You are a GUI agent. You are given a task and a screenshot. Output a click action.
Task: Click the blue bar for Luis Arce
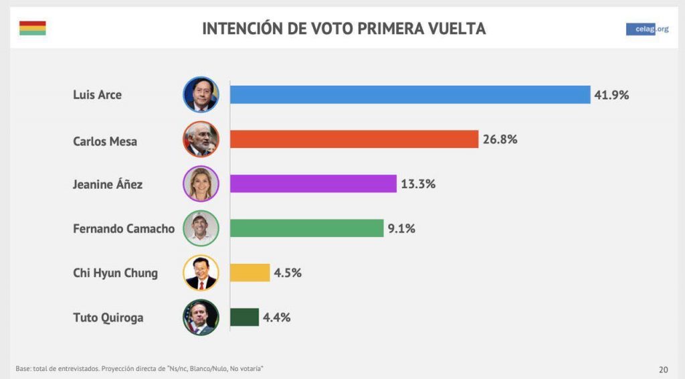pyautogui.click(x=410, y=94)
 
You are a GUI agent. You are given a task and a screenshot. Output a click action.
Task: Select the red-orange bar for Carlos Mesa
pyautogui.click(x=354, y=139)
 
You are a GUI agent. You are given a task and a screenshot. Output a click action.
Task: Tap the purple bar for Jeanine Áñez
pyautogui.click(x=313, y=183)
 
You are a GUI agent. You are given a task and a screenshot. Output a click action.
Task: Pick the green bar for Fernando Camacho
pyautogui.click(x=306, y=228)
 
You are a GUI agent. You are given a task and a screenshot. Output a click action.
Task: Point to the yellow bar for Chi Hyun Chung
pyautogui.click(x=250, y=273)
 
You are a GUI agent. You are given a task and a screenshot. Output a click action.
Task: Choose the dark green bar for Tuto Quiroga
pyautogui.click(x=244, y=317)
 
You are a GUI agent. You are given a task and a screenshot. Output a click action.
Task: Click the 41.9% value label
pyautogui.click(x=611, y=95)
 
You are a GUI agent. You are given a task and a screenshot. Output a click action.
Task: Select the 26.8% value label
pyautogui.click(x=500, y=139)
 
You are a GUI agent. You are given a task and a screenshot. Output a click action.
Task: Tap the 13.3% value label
pyautogui.click(x=418, y=183)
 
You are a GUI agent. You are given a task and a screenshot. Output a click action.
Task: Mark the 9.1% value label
pyautogui.click(x=401, y=228)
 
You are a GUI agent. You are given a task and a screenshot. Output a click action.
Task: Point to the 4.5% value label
pyautogui.click(x=288, y=273)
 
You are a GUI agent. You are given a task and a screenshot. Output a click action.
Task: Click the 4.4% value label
pyautogui.click(x=276, y=317)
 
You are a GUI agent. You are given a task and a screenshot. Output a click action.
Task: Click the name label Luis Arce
pyautogui.click(x=97, y=95)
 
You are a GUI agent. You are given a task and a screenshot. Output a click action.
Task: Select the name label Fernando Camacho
pyautogui.click(x=123, y=228)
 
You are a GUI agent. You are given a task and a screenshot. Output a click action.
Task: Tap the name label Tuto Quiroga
pyautogui.click(x=108, y=317)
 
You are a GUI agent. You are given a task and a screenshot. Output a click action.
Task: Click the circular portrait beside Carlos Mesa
pyautogui.click(x=201, y=139)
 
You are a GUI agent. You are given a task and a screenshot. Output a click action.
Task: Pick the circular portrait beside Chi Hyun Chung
pyautogui.click(x=201, y=273)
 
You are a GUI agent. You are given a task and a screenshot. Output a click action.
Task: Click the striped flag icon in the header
pyautogui.click(x=32, y=28)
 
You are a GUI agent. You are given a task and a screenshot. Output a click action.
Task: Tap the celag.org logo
pyautogui.click(x=647, y=29)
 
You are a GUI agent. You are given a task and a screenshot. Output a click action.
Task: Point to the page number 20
pyautogui.click(x=663, y=369)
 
